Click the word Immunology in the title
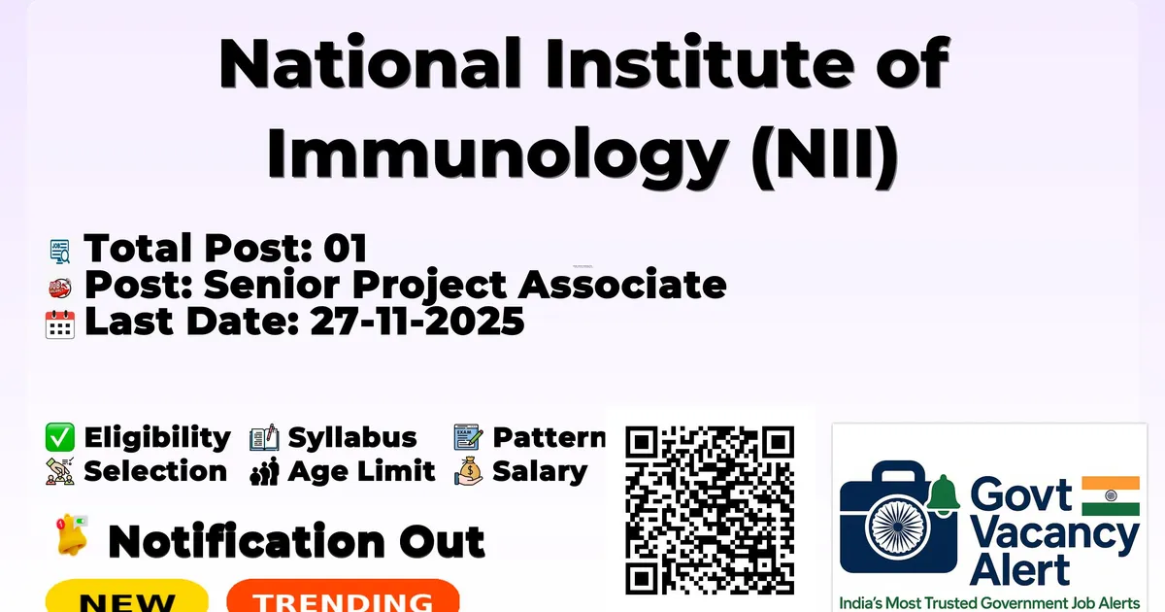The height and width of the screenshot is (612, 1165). [497, 154]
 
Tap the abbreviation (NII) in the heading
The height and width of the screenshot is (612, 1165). [825, 154]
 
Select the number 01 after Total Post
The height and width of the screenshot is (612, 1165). [346, 248]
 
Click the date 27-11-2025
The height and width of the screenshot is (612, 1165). [417, 322]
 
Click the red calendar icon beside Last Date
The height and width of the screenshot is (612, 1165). [60, 324]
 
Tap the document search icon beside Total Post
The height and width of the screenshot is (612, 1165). [60, 252]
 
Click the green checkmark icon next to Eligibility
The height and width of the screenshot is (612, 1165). [60, 437]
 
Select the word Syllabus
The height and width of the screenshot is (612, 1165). [352, 437]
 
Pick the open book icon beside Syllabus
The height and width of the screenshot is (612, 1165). [264, 437]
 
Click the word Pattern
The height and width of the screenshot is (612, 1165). [549, 437]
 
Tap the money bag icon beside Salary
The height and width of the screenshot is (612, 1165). [469, 471]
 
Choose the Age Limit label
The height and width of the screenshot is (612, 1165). [361, 471]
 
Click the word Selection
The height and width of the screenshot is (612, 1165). [155, 471]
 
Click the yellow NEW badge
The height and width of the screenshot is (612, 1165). [127, 596]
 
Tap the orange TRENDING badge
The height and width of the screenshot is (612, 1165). [344, 596]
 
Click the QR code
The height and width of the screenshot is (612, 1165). [710, 510]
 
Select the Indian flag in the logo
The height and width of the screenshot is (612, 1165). [1111, 495]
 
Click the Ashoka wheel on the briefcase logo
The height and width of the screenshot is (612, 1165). [898, 527]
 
